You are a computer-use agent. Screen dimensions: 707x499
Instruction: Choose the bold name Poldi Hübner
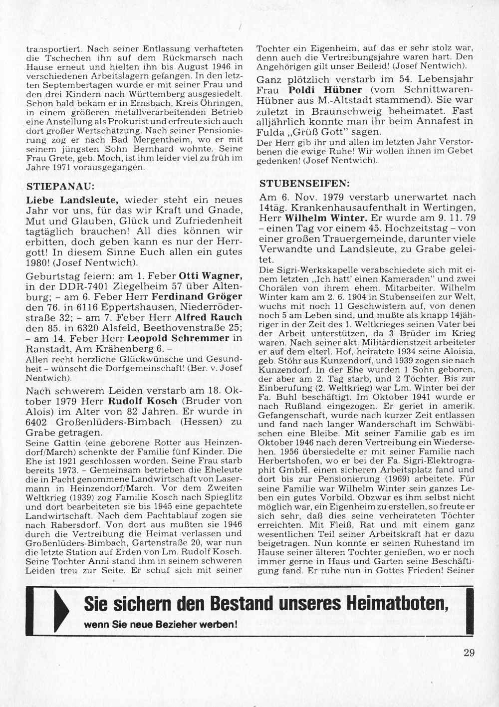click(317, 90)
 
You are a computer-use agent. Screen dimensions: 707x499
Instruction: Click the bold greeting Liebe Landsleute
click(72, 200)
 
